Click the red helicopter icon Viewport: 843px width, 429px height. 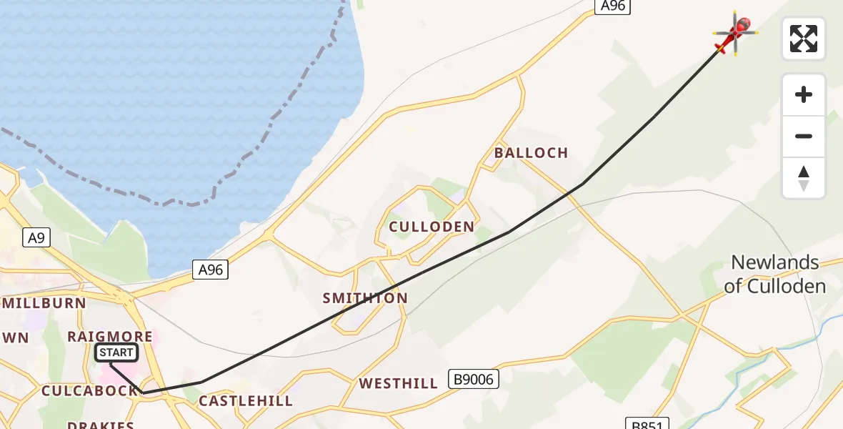(735, 33)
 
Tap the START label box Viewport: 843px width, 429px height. (116, 352)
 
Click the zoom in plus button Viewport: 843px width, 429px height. (804, 94)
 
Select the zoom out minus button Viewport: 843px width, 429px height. (804, 136)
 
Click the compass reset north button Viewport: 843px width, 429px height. (804, 178)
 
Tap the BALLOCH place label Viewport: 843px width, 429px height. (531, 152)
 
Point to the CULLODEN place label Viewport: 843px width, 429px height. (432, 227)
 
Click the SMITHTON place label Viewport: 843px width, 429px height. (365, 298)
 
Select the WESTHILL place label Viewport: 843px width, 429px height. (399, 383)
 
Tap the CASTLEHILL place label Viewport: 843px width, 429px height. (246, 401)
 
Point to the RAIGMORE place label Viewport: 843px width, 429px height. (110, 336)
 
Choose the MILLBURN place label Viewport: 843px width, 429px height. (44, 302)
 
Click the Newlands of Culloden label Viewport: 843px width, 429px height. (774, 275)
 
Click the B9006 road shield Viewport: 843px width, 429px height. (473, 379)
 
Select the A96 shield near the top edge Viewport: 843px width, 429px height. (612, 6)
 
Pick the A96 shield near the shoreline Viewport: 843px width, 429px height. (211, 270)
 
